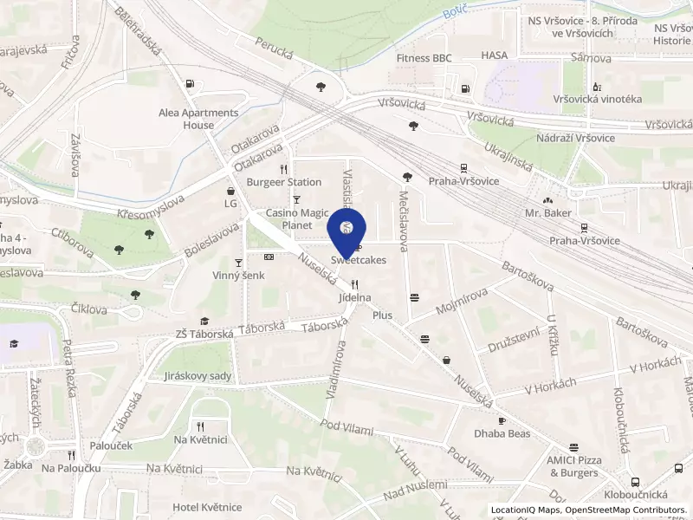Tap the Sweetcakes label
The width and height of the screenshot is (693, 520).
click(358, 259)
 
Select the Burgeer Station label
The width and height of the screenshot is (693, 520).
click(284, 182)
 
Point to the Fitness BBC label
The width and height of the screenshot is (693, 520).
click(424, 58)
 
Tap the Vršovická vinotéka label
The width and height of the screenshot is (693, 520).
click(602, 99)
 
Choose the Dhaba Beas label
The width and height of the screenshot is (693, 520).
click(502, 432)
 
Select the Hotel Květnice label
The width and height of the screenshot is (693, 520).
click(207, 507)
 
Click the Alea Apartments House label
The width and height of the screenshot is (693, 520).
click(198, 119)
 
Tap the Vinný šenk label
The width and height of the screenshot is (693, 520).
click(238, 276)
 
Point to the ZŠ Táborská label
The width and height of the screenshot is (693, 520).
click(204, 333)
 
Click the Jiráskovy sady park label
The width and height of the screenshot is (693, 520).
click(198, 376)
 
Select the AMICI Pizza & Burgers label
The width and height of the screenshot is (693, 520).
click(573, 466)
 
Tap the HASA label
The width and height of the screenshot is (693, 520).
click(495, 55)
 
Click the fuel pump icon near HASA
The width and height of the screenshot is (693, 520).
click(466, 87)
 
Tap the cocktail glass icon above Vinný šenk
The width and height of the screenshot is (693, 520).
click(238, 262)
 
